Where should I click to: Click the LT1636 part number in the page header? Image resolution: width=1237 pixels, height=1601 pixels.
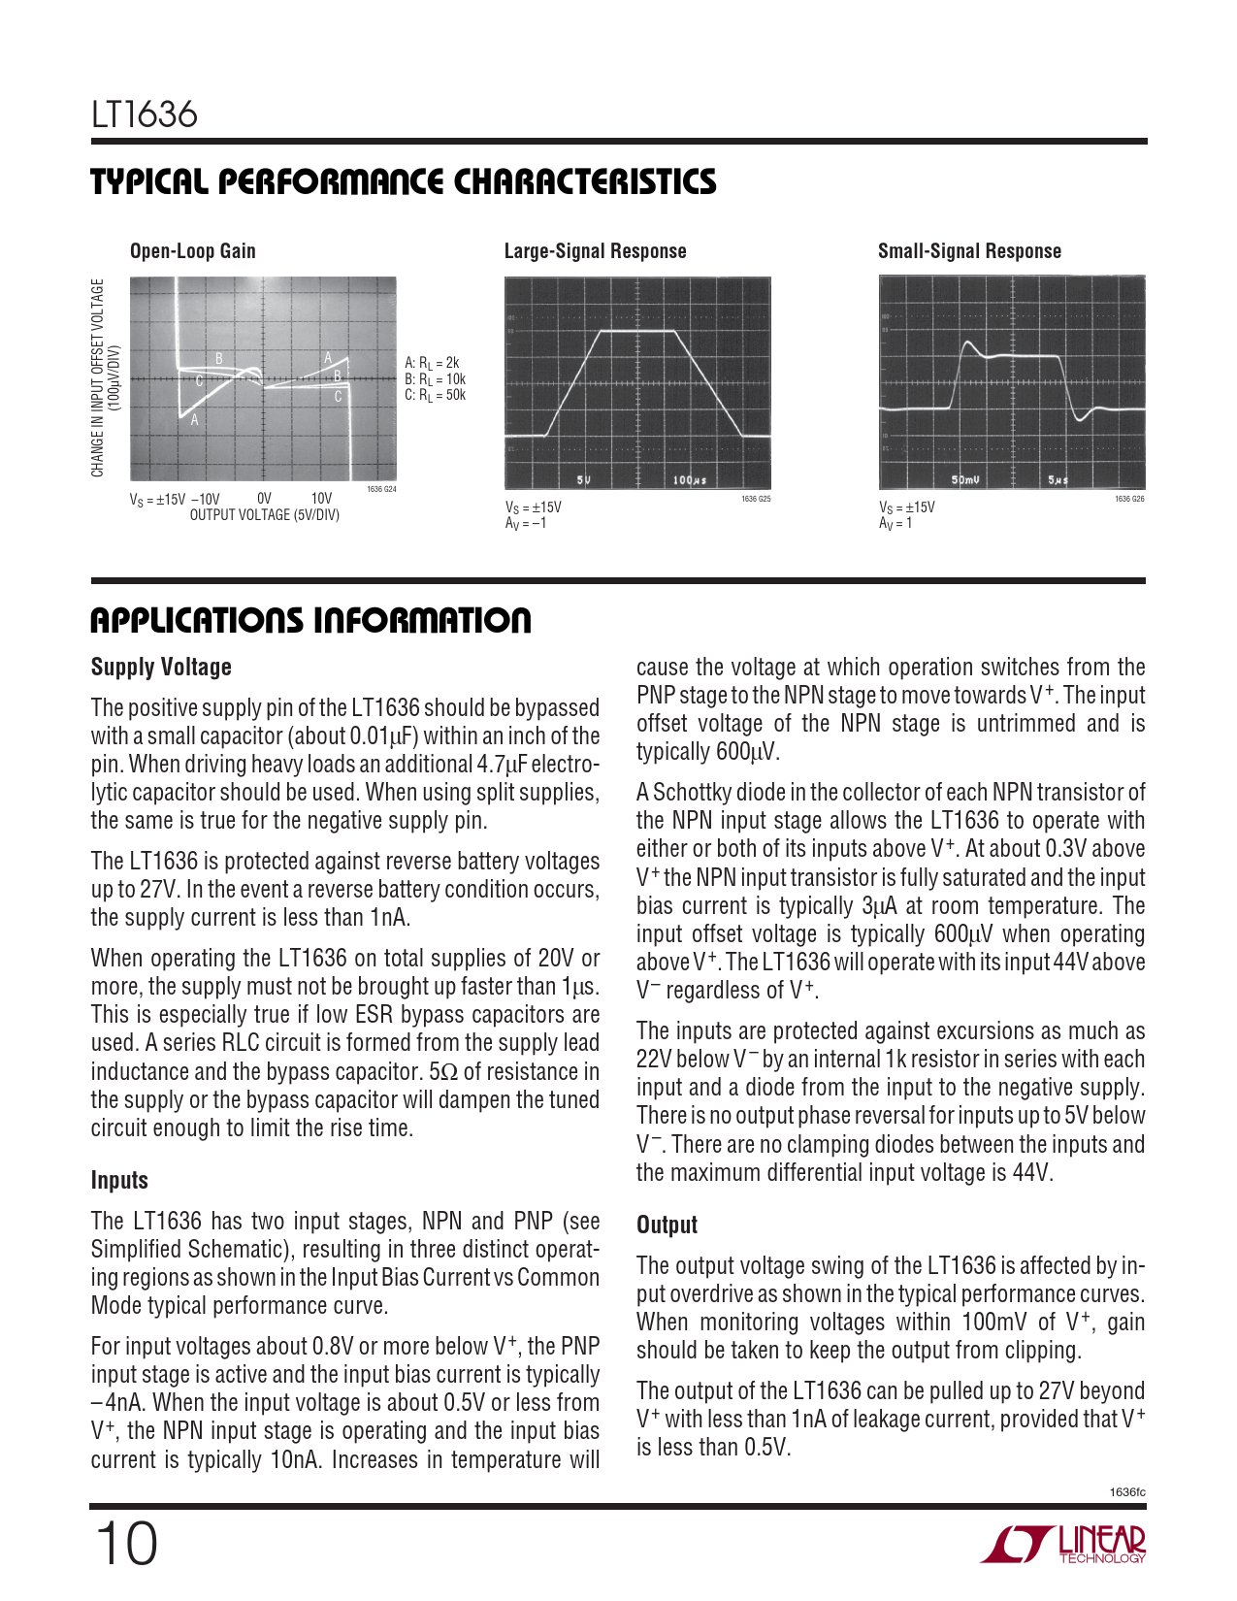point(145,115)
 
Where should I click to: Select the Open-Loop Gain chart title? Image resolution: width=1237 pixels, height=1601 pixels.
point(193,251)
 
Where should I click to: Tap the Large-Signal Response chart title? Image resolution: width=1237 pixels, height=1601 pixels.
point(595,251)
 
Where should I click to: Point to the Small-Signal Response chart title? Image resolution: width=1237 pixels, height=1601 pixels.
point(969,251)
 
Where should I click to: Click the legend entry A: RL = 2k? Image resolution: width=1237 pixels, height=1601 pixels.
point(432,363)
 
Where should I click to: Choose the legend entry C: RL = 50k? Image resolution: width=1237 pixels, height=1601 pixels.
point(435,395)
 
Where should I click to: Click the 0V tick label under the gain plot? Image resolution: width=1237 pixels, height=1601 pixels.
point(264,499)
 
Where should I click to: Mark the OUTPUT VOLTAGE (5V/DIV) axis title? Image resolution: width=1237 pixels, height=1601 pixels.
point(265,515)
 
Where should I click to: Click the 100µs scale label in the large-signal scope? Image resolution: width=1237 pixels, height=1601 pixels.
point(690,480)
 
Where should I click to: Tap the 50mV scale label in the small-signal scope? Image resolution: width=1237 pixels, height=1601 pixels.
point(965,480)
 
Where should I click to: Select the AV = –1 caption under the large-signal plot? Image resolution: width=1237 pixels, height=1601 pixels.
point(526,524)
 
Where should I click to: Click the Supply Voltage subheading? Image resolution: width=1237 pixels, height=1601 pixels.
point(161,668)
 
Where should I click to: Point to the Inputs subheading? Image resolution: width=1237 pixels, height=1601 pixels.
point(119,1181)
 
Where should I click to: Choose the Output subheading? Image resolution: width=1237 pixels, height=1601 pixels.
point(667,1225)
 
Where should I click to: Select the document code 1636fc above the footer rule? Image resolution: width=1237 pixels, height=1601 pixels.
point(1127,1492)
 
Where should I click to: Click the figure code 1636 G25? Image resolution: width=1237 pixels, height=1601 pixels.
point(756,499)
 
